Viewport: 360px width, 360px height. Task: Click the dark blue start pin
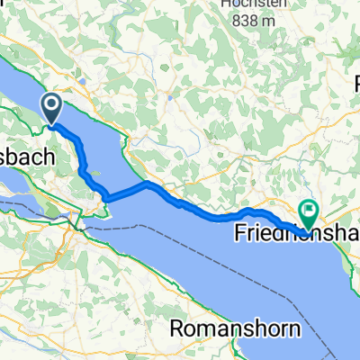click(x=52, y=109)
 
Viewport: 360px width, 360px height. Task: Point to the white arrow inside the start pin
click(x=52, y=107)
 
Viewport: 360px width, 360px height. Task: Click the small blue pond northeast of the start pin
click(x=83, y=82)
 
